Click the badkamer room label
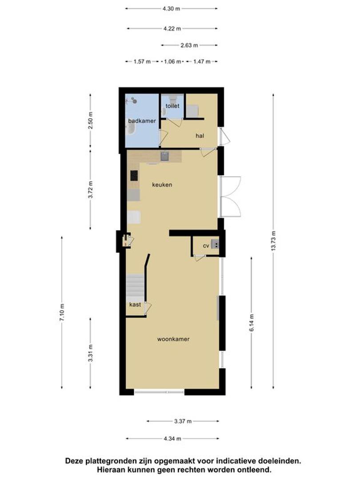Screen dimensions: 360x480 click(x=142, y=121)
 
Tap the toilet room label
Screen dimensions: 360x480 click(x=172, y=106)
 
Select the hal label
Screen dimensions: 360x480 click(x=200, y=136)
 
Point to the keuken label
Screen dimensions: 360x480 click(x=162, y=184)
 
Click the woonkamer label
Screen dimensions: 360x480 click(x=173, y=339)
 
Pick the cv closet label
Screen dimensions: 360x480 click(x=206, y=246)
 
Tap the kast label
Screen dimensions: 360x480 click(x=135, y=304)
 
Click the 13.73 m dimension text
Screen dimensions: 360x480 click(x=273, y=241)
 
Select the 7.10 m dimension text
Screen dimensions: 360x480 click(x=62, y=312)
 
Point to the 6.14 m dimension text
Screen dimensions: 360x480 click(x=251, y=323)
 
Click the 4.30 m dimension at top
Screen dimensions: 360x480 click(x=171, y=8)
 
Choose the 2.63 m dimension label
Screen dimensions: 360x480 click(x=189, y=45)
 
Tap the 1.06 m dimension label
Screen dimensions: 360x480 click(x=172, y=61)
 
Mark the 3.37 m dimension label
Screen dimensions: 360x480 click(x=183, y=421)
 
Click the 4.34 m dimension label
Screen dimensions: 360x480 click(x=172, y=439)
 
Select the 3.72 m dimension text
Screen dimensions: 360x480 click(x=90, y=190)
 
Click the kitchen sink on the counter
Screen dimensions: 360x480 click(x=165, y=156)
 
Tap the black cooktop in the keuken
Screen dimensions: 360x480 click(x=134, y=176)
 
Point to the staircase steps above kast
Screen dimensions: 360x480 click(x=135, y=285)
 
